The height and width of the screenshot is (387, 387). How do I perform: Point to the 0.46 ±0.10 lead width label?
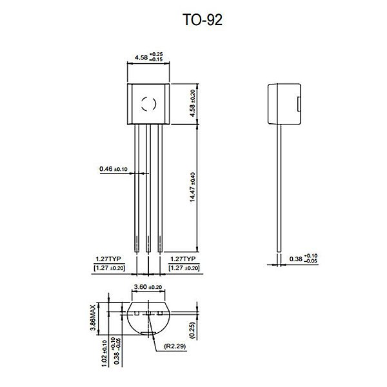coord(114,169)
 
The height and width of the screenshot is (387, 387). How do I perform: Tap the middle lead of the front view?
coord(148,187)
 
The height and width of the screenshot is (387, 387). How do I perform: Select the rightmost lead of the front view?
coord(160,187)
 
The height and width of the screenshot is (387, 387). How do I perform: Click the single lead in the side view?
coord(279,187)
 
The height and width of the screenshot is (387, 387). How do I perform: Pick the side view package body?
coord(284,103)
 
